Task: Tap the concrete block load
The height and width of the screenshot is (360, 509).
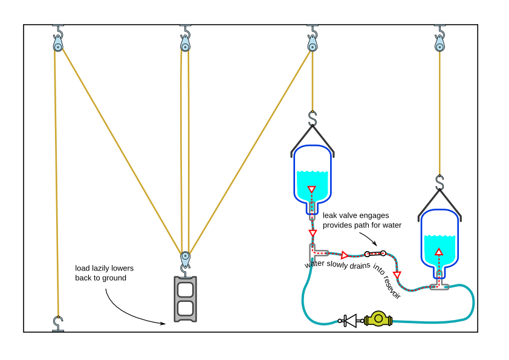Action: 186,299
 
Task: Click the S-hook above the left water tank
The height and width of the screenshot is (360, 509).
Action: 313,118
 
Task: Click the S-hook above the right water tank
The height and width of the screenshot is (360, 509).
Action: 439,182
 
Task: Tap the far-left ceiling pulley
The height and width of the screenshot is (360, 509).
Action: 57,44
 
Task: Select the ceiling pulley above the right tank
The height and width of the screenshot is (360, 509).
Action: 439,44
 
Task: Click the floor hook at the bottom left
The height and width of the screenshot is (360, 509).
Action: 57,322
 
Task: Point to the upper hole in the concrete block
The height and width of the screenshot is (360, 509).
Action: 186,289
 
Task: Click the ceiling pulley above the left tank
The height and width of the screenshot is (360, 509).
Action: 313,44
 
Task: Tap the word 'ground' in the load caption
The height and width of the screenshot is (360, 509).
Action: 114,278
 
